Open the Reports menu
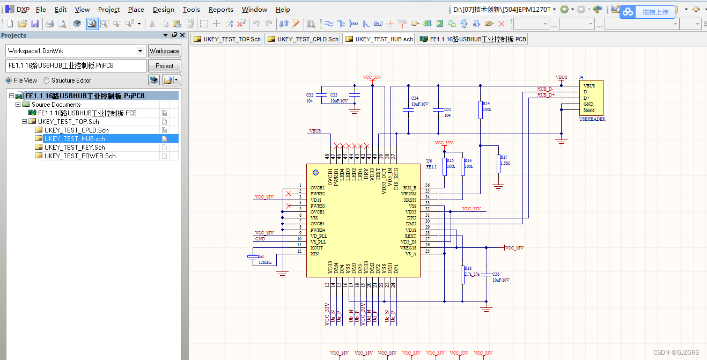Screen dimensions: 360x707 point(220,10)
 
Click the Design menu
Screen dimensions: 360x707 point(163,10)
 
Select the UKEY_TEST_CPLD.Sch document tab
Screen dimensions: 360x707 point(303,39)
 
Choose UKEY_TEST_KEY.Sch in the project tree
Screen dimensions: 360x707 point(75,148)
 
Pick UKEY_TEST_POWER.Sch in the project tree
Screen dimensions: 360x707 point(80,156)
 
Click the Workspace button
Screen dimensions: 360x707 point(164,51)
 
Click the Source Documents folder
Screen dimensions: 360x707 point(56,105)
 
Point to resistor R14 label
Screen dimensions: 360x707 point(486,103)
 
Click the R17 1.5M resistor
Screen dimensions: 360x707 point(499,163)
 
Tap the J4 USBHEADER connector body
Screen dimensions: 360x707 point(591,98)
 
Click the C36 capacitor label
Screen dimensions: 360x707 point(496,274)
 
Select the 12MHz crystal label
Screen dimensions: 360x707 point(265,263)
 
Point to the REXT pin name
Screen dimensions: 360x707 point(410,236)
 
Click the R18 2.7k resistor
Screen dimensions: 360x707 point(462,274)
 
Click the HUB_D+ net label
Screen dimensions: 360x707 point(546,95)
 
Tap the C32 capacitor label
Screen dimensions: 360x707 point(310,94)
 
